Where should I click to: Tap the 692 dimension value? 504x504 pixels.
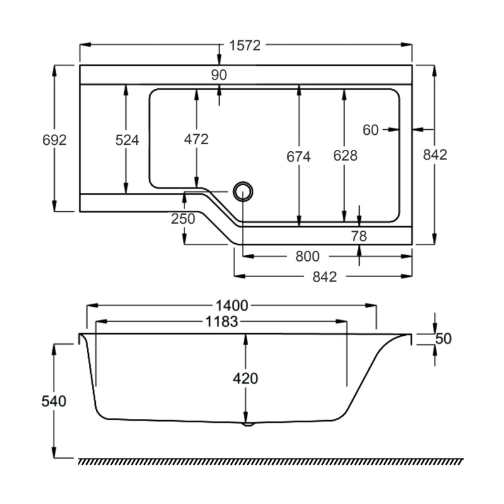click(55, 140)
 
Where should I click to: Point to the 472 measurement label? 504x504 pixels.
click(197, 139)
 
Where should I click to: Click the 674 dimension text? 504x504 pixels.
click(299, 156)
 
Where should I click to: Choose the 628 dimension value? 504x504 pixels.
click(345, 156)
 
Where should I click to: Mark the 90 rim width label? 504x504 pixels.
click(219, 74)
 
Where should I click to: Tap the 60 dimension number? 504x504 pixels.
click(370, 130)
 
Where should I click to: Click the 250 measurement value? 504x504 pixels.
click(183, 219)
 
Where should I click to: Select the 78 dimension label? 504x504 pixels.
click(358, 236)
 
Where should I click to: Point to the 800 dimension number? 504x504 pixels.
click(307, 256)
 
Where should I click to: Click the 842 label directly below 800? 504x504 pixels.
click(324, 276)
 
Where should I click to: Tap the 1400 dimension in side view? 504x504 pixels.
click(232, 306)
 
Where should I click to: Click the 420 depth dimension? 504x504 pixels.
click(246, 379)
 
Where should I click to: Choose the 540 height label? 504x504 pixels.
click(55, 401)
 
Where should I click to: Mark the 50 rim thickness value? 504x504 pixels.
click(444, 338)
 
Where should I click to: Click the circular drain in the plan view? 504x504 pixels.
click(243, 190)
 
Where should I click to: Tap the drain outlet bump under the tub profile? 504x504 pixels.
click(248, 424)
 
